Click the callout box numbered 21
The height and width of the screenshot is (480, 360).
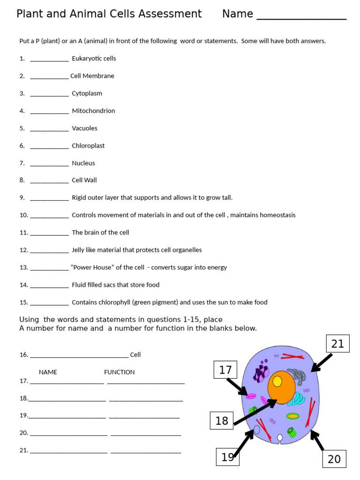337,344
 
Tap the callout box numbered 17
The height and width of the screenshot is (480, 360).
225,370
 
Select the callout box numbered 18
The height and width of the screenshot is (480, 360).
222,420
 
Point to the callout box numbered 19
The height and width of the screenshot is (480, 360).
228,457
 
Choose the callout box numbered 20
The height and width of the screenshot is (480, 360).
334,458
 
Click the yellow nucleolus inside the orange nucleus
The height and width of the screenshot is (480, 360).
277,381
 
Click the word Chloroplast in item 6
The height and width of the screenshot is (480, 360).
88,146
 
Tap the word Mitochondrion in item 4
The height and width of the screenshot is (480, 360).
93,111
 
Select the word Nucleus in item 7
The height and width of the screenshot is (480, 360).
83,163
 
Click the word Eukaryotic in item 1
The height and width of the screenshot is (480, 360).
88,59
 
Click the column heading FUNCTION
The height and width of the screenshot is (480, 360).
119,372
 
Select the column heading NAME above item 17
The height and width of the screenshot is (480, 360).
48,372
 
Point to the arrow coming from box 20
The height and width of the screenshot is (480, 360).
317,440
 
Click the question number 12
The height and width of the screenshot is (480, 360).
23,250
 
